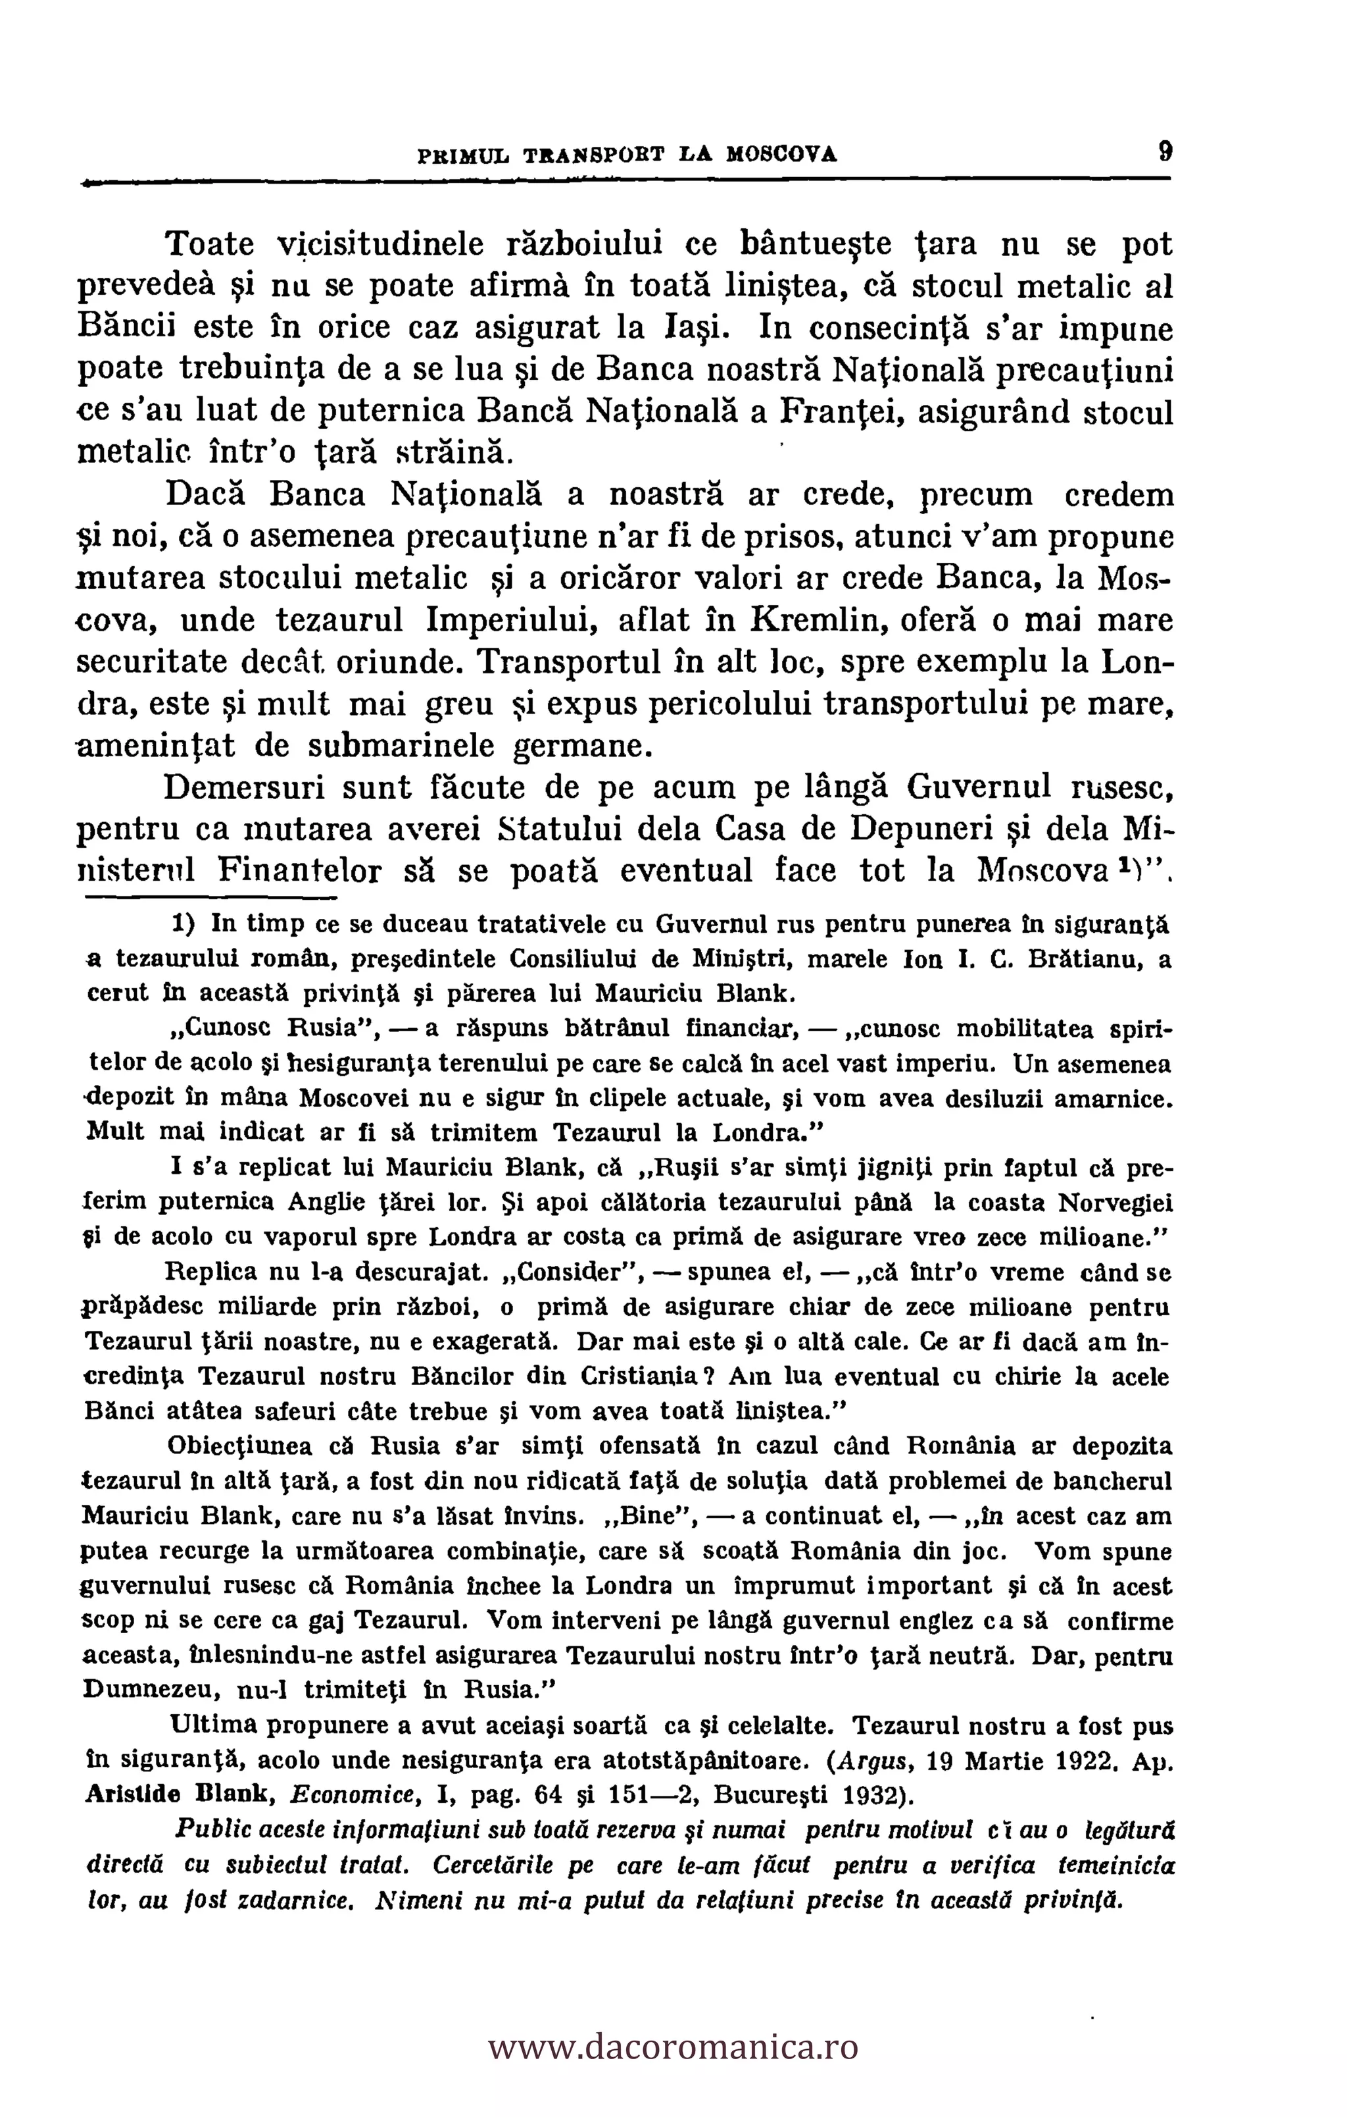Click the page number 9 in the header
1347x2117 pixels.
coord(1164,151)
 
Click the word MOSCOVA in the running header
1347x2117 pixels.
coord(781,155)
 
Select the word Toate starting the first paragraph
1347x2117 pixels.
coord(210,243)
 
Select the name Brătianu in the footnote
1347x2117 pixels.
coord(1083,959)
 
